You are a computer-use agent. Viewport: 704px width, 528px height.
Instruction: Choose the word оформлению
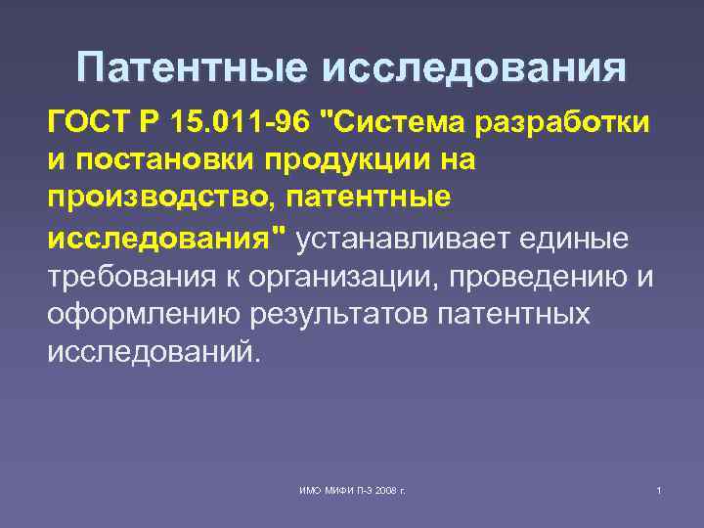click(141, 314)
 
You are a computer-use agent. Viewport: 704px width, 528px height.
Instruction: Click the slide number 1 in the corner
click(660, 488)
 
